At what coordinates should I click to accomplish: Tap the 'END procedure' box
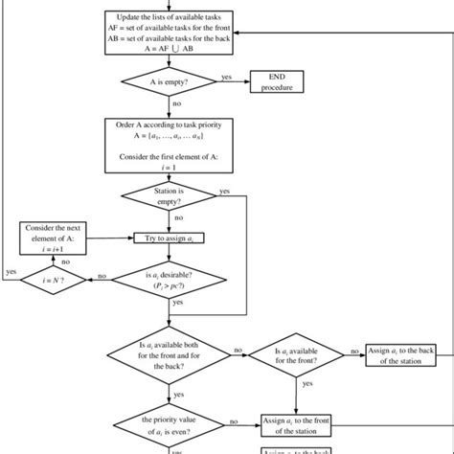pos(283,82)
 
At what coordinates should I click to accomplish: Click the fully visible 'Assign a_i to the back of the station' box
pos(402,354)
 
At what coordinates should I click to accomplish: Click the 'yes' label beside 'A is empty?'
pos(227,77)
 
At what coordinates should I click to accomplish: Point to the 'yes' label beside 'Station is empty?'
pos(224,191)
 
